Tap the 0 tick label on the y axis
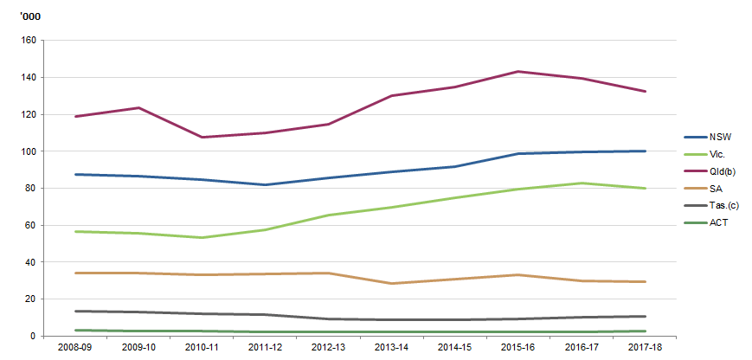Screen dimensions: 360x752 coord(32,336)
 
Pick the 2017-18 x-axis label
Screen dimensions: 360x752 coord(645,349)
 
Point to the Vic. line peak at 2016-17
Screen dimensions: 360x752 coord(582,183)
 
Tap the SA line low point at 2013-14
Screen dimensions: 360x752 coord(392,283)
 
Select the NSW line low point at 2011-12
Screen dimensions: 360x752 coord(266,184)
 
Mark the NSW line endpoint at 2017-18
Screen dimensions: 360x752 coord(645,151)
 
